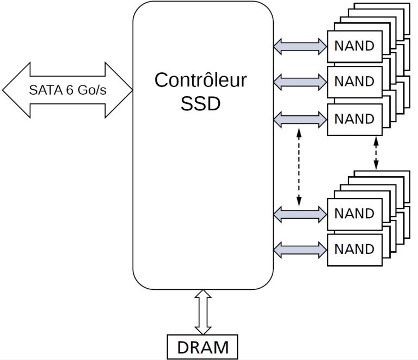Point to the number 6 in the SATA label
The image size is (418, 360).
pyautogui.click(x=70, y=90)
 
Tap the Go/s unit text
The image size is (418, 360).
pyautogui.click(x=91, y=90)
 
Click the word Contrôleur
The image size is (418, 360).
pyautogui.click(x=200, y=80)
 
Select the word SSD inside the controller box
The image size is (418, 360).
pyautogui.click(x=200, y=103)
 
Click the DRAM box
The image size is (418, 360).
pyautogui.click(x=202, y=346)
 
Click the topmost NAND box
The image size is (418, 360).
pyautogui.click(x=354, y=46)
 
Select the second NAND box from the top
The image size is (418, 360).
pyautogui.click(x=354, y=82)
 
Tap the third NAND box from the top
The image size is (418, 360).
pyautogui.click(x=354, y=119)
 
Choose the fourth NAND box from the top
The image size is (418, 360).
pyautogui.click(x=354, y=213)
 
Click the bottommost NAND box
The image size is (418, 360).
pyautogui.click(x=354, y=250)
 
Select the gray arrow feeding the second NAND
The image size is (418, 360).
pyautogui.click(x=299, y=83)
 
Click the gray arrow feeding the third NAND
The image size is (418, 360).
pyautogui.click(x=299, y=119)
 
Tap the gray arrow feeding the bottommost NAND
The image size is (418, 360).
pyautogui.click(x=299, y=250)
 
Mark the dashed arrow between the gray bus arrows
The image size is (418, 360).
pyautogui.click(x=299, y=166)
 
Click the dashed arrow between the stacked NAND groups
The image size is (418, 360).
pyautogui.click(x=376, y=153)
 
